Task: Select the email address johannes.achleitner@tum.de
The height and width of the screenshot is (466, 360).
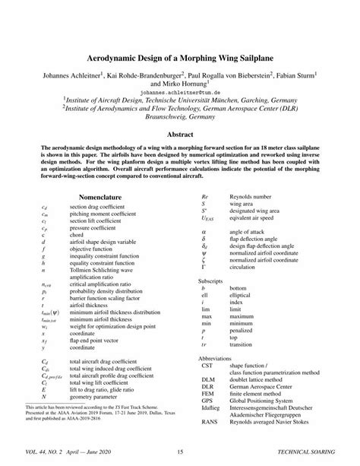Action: (x=180, y=89)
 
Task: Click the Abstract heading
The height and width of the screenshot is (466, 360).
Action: (x=180, y=133)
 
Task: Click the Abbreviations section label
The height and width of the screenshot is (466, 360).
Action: (x=213, y=357)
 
